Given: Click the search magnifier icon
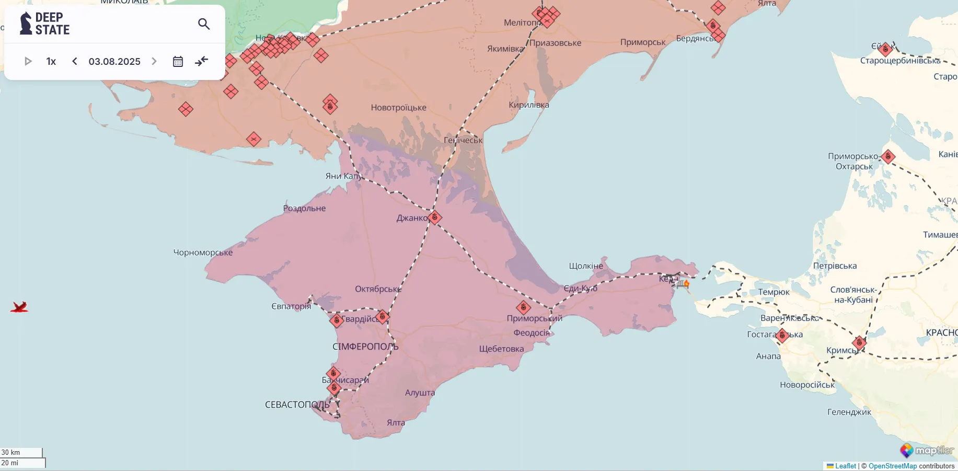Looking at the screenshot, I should (204, 24).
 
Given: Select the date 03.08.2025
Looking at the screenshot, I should (114, 62).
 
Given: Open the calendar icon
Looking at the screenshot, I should (178, 62).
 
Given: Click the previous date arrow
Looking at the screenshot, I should (75, 62).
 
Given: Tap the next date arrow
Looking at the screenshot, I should (154, 62).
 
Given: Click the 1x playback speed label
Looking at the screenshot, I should (51, 62).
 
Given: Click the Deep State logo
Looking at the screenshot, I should (45, 24).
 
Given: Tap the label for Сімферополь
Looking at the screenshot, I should (365, 347).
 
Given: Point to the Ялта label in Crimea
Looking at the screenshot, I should (396, 422).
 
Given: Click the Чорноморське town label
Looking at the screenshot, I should (203, 252).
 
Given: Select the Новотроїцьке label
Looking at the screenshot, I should (398, 108).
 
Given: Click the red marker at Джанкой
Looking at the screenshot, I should (435, 217).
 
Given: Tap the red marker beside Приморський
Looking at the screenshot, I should (523, 307).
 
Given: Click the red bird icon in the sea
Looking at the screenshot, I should (19, 307).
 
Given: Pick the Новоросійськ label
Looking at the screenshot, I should (807, 385).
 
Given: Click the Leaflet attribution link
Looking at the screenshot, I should (845, 466).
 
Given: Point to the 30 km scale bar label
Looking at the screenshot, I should (11, 452).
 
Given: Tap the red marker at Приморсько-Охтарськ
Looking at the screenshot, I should (888, 156).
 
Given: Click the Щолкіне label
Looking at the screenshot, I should (586, 266).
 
